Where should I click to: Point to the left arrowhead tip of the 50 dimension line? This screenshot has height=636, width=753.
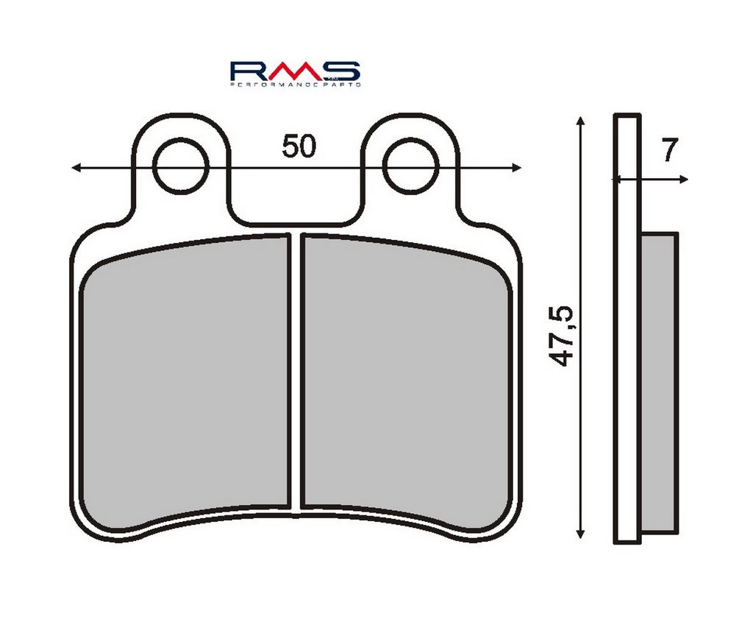(x=71, y=167)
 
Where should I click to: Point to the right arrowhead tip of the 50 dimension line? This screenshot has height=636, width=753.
(x=522, y=167)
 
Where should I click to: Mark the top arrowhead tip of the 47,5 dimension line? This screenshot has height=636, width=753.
(x=581, y=116)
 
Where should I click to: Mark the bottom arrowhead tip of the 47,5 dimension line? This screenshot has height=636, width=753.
(x=581, y=538)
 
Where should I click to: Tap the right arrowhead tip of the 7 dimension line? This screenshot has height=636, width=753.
(x=688, y=180)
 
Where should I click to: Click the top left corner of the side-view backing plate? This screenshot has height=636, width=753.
(x=614, y=114)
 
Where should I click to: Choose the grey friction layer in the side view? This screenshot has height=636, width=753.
(x=660, y=383)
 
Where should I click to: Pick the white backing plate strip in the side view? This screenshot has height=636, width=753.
(x=627, y=329)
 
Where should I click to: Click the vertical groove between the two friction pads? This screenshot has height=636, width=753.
(x=296, y=371)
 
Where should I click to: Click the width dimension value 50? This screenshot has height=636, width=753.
(x=299, y=146)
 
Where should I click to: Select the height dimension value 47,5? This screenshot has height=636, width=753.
(x=563, y=336)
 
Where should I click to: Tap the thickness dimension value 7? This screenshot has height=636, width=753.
(x=669, y=149)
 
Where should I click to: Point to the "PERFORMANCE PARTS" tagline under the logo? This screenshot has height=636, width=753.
(x=296, y=84)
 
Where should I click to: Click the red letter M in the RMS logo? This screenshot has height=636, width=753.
(x=296, y=70)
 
